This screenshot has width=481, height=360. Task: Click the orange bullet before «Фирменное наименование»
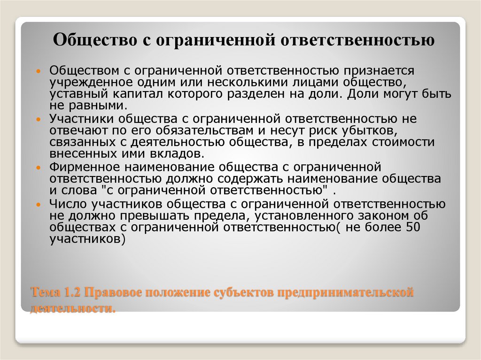tap(39, 167)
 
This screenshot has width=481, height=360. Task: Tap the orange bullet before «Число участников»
tap(39, 204)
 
